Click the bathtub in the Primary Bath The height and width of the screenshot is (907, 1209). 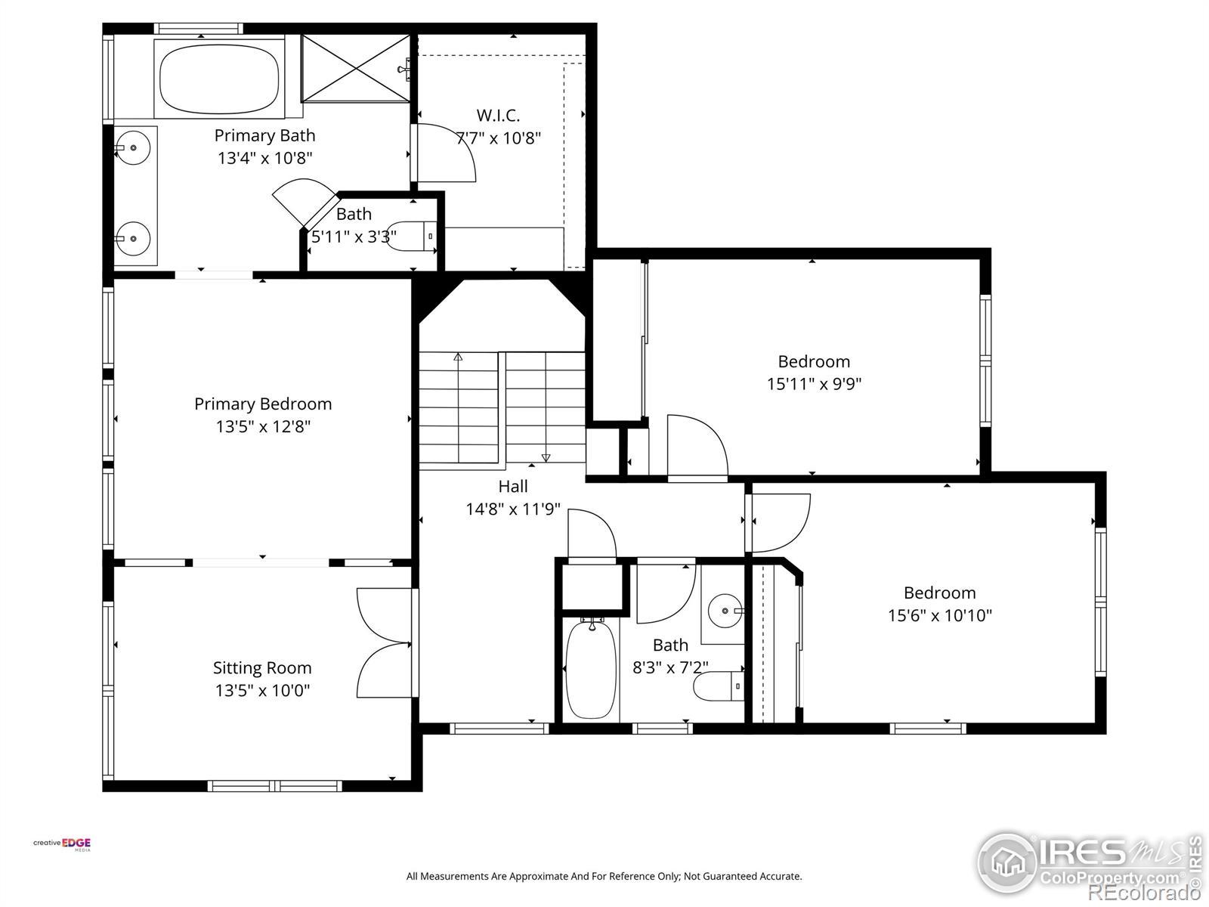218,79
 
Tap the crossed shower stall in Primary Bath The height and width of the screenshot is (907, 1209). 356,68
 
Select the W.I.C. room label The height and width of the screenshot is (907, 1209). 498,115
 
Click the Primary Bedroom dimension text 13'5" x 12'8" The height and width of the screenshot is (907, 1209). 263,426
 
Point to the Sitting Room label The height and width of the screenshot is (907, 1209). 262,667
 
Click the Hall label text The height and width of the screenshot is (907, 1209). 513,486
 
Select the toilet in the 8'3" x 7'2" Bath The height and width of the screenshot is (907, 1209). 719,686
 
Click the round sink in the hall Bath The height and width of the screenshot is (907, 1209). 725,611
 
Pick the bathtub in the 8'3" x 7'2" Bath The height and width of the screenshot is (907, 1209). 590,669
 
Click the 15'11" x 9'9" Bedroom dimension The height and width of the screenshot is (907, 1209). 814,384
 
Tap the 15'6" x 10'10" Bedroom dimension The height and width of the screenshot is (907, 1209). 940,615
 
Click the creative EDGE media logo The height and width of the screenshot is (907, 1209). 62,844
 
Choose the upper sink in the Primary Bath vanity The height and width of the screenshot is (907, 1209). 133,147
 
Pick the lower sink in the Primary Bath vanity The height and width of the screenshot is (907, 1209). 133,238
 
